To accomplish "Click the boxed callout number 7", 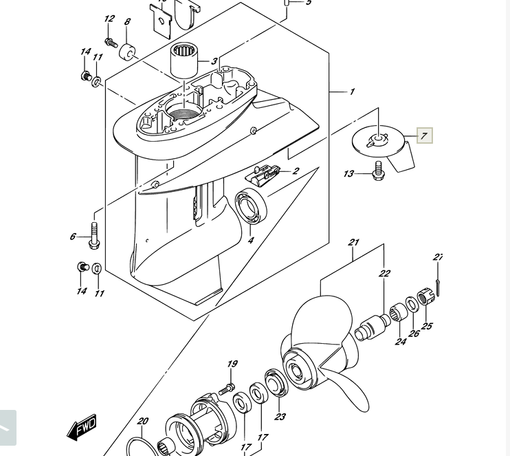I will tap(424, 135).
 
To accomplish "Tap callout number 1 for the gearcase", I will tap(352, 91).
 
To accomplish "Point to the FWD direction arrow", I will tap(82, 427).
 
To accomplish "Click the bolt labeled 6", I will tap(95, 235).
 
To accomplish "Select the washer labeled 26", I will tap(411, 304).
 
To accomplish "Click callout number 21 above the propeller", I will tap(353, 242).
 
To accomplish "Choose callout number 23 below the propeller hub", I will tap(280, 416).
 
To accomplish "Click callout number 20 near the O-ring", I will tap(142, 421).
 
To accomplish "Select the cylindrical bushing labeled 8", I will tap(127, 52).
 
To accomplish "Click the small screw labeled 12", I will tap(111, 43).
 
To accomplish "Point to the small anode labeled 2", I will tap(265, 174).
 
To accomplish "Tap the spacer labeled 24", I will tap(397, 315).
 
